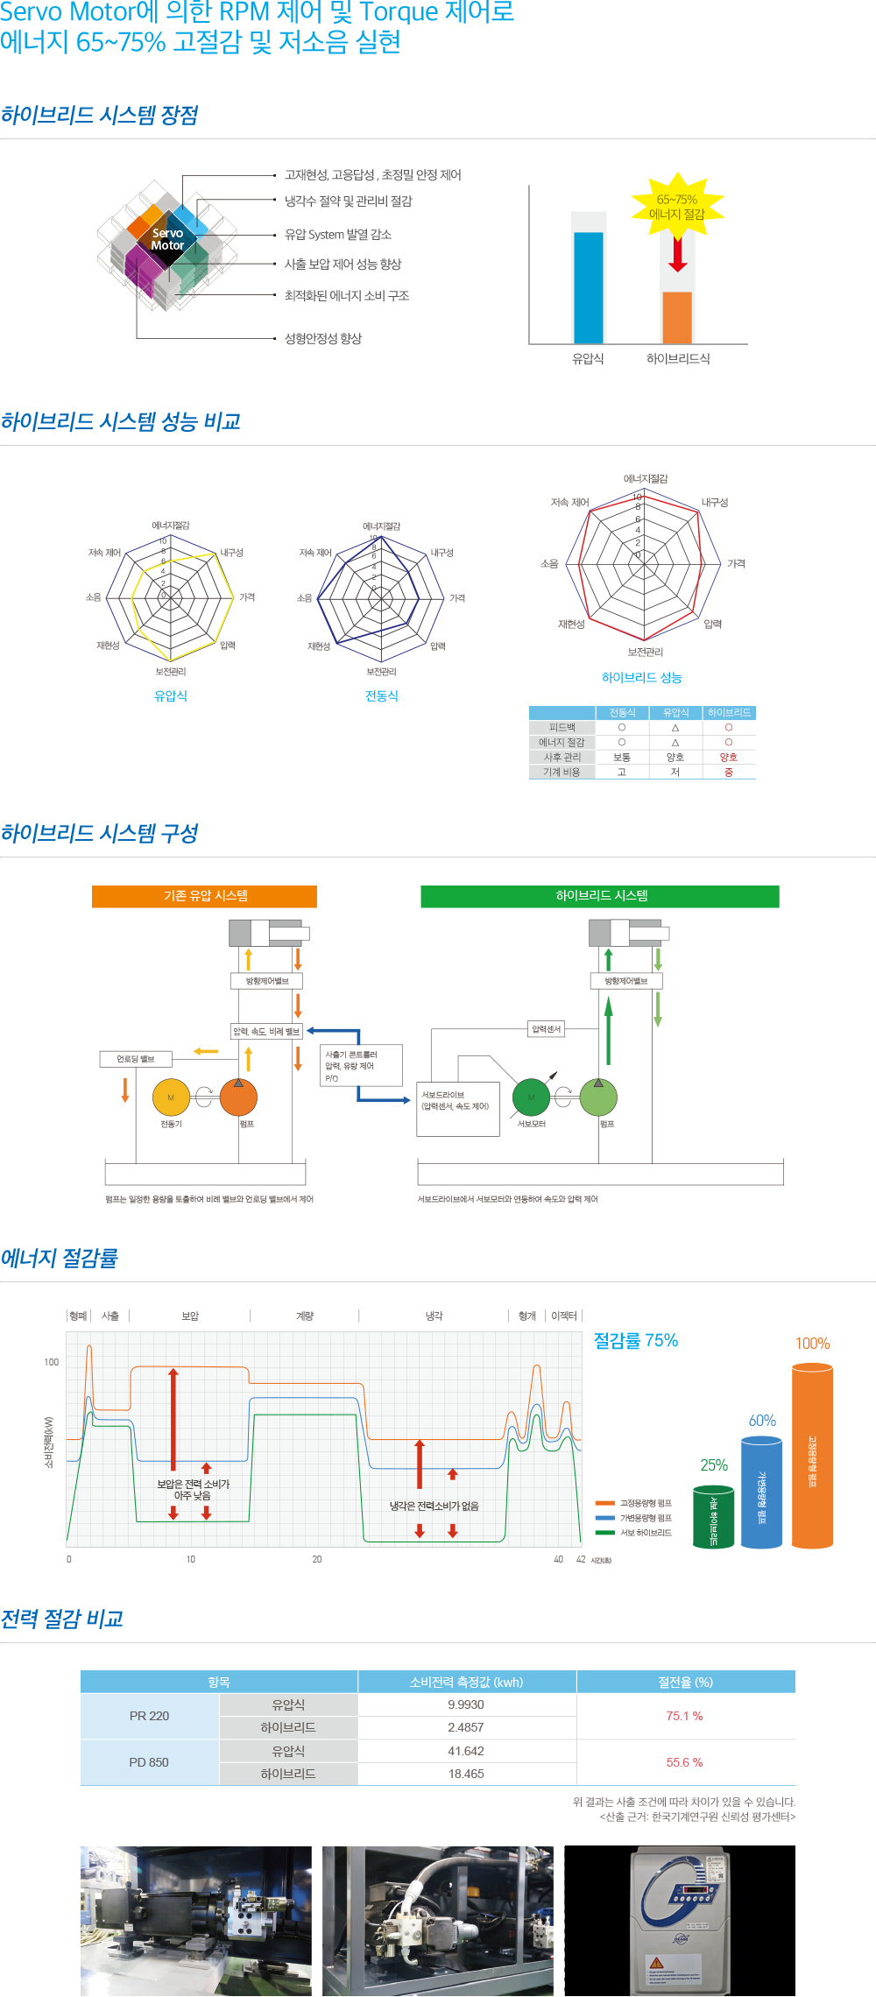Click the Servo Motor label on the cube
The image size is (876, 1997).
click(167, 239)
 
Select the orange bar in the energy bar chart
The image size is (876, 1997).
click(677, 316)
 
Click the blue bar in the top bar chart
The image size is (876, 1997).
click(588, 286)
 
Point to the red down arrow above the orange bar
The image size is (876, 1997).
click(678, 254)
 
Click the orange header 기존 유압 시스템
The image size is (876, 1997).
click(205, 896)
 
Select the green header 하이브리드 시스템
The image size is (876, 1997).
click(601, 896)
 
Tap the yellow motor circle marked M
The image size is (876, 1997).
click(171, 1097)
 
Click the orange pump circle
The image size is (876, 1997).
click(238, 1097)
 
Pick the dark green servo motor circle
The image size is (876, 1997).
click(531, 1097)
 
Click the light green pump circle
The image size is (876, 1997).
click(598, 1097)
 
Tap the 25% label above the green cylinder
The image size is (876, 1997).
click(714, 1465)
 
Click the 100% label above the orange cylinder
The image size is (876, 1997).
click(812, 1344)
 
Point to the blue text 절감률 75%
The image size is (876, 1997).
click(636, 1341)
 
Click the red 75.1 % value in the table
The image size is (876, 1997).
click(685, 1716)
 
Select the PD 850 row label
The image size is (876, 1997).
click(149, 1762)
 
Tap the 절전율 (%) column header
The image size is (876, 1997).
click(685, 1682)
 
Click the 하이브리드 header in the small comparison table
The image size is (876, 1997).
click(729, 713)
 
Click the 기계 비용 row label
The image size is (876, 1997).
click(562, 772)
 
